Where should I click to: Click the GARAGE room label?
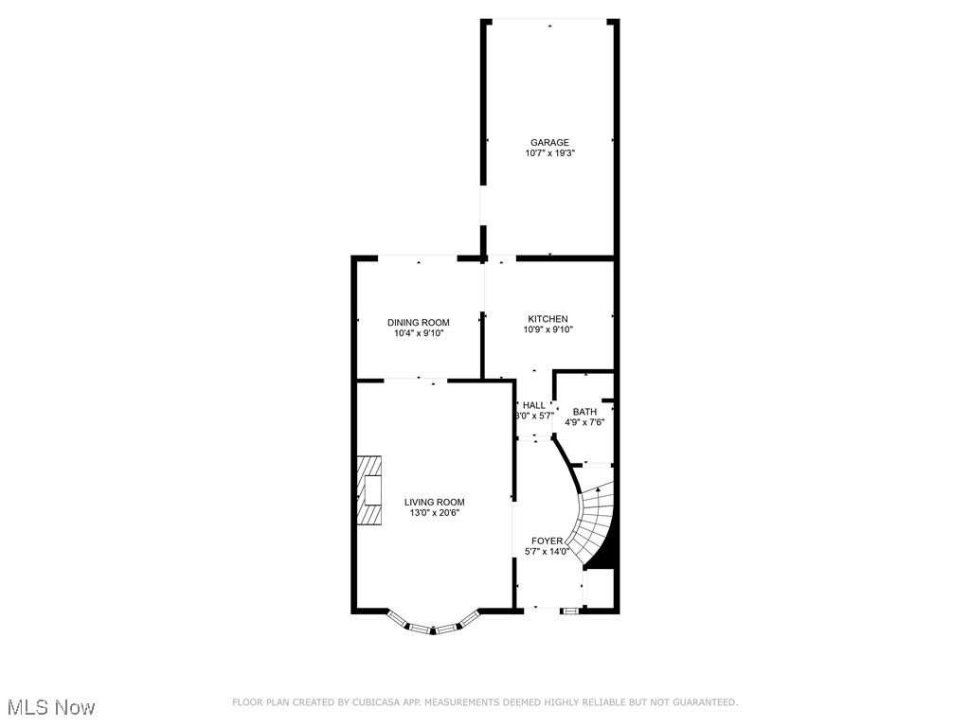549,143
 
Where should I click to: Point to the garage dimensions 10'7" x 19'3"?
549,153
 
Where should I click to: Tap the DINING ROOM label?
418,323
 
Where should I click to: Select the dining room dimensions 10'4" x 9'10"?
418,333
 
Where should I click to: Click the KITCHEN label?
548,319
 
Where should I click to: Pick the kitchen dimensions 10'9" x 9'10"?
548,329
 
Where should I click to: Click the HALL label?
534,405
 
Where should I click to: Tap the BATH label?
584,412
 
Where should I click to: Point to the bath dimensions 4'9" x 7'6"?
584,422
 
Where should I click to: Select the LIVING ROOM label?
434,503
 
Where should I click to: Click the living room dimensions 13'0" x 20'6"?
434,513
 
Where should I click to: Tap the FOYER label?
547,541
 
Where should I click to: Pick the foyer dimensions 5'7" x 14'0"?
547,552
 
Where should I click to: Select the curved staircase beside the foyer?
595,521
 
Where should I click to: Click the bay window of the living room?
433,626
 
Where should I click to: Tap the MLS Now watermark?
51,707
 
